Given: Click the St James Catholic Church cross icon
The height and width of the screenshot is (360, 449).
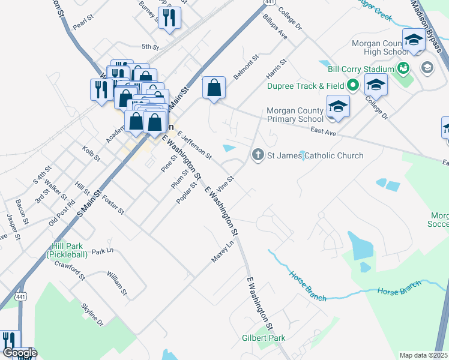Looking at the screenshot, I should [x=258, y=155].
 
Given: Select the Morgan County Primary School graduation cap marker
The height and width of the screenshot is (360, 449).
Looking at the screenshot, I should [x=338, y=107].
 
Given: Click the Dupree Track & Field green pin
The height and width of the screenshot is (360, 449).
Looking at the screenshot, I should [x=354, y=86].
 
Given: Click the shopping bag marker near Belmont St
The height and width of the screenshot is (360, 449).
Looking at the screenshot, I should [x=214, y=88].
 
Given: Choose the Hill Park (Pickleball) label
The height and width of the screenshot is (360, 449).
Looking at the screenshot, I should [x=67, y=250].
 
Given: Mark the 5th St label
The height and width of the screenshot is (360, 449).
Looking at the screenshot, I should [x=149, y=46].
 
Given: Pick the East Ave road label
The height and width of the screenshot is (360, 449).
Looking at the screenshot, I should [x=322, y=130].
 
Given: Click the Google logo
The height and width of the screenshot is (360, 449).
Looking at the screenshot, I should [x=19, y=353].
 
